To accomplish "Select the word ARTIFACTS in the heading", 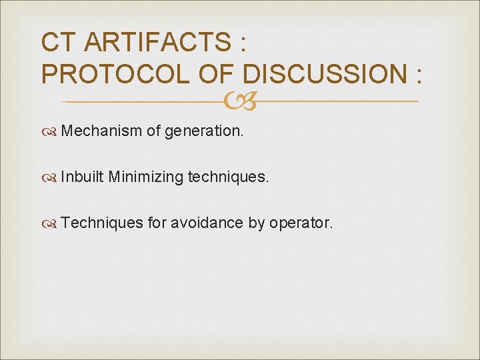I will (x=157, y=43).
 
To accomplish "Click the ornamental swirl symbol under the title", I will (x=239, y=102).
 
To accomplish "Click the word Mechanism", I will (x=101, y=131).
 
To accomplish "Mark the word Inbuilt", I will (x=82, y=177).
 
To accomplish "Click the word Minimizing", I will (x=145, y=177).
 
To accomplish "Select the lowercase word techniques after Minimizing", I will (x=229, y=177).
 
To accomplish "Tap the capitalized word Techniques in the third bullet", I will (x=102, y=223).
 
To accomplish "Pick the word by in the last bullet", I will (x=257, y=223).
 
